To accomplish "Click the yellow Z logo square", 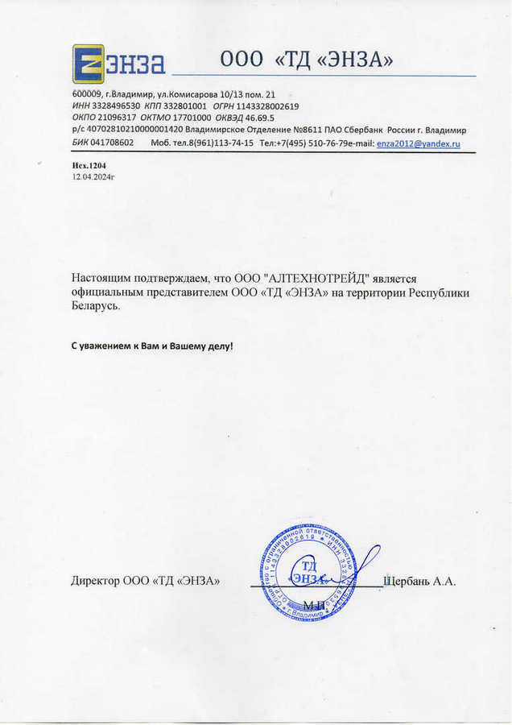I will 88,64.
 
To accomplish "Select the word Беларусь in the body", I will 95,306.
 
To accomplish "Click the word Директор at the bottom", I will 95,581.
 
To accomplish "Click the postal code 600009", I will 87,94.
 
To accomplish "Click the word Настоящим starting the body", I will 105,277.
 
